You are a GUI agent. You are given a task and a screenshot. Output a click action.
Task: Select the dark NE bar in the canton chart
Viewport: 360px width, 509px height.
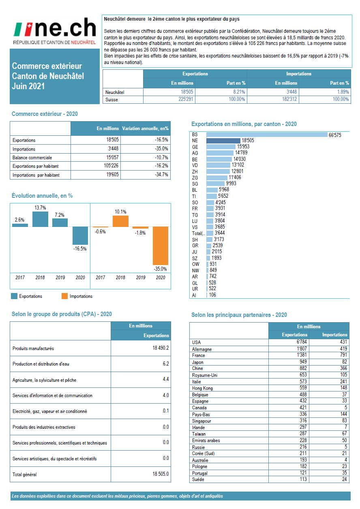pyautogui.click(x=223, y=141)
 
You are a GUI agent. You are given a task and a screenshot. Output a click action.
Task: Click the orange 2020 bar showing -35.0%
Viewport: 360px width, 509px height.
pyautogui.click(x=160, y=245)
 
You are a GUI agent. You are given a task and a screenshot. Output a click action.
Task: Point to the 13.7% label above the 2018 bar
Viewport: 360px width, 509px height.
pyautogui.click(x=40, y=207)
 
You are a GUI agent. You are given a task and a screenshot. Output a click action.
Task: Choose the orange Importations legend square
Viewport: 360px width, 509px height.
pyautogui.click(x=64, y=296)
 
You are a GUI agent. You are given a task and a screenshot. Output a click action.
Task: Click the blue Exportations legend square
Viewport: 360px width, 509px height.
pyautogui.click(x=14, y=296)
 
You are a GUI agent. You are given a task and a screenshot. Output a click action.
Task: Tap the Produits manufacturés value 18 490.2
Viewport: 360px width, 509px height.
pyautogui.click(x=160, y=348)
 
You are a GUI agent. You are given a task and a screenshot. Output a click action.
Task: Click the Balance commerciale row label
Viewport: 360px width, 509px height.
pyautogui.click(x=32, y=158)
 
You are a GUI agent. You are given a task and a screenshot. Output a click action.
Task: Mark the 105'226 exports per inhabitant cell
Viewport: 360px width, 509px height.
pyautogui.click(x=109, y=166)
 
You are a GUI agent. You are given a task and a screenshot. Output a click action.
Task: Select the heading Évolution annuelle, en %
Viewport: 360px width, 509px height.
pyautogui.click(x=42, y=196)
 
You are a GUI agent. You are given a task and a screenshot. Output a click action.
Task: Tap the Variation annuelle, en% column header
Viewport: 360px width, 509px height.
pyautogui.click(x=145, y=128)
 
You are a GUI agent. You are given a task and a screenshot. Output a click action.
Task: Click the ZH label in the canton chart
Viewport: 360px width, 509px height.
pyautogui.click(x=195, y=171)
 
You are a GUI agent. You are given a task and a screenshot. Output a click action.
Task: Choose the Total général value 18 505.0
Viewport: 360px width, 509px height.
pyautogui.click(x=160, y=474)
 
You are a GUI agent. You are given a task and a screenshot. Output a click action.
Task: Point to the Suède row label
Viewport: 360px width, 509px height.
pyautogui.click(x=198, y=479)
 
